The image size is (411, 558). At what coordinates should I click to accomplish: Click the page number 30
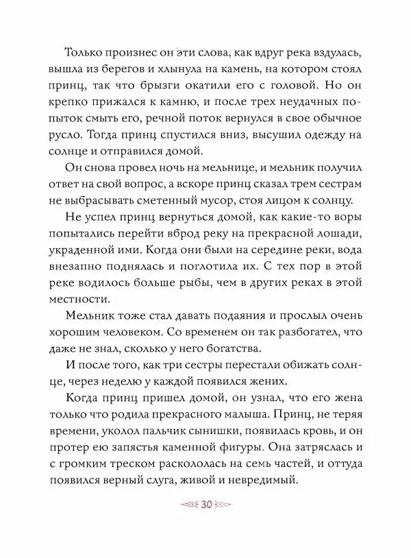click(205, 505)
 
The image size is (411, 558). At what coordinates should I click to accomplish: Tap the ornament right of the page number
click(227, 505)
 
